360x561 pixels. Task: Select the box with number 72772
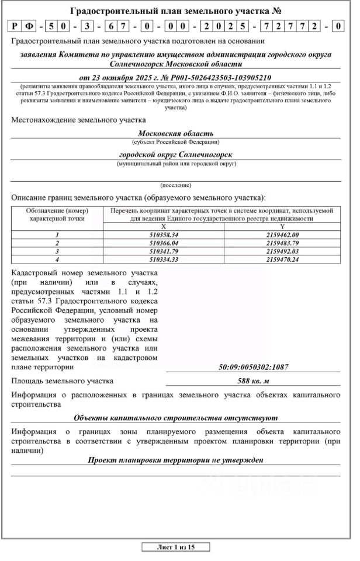294,26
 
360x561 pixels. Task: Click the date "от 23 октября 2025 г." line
175,77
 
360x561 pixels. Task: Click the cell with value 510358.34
164,234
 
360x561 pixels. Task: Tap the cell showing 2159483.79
282,243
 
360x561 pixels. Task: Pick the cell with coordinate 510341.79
164,251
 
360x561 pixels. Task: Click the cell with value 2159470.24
282,259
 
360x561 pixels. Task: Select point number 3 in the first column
57,251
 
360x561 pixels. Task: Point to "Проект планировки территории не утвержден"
175,460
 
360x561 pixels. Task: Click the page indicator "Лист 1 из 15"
175,548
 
